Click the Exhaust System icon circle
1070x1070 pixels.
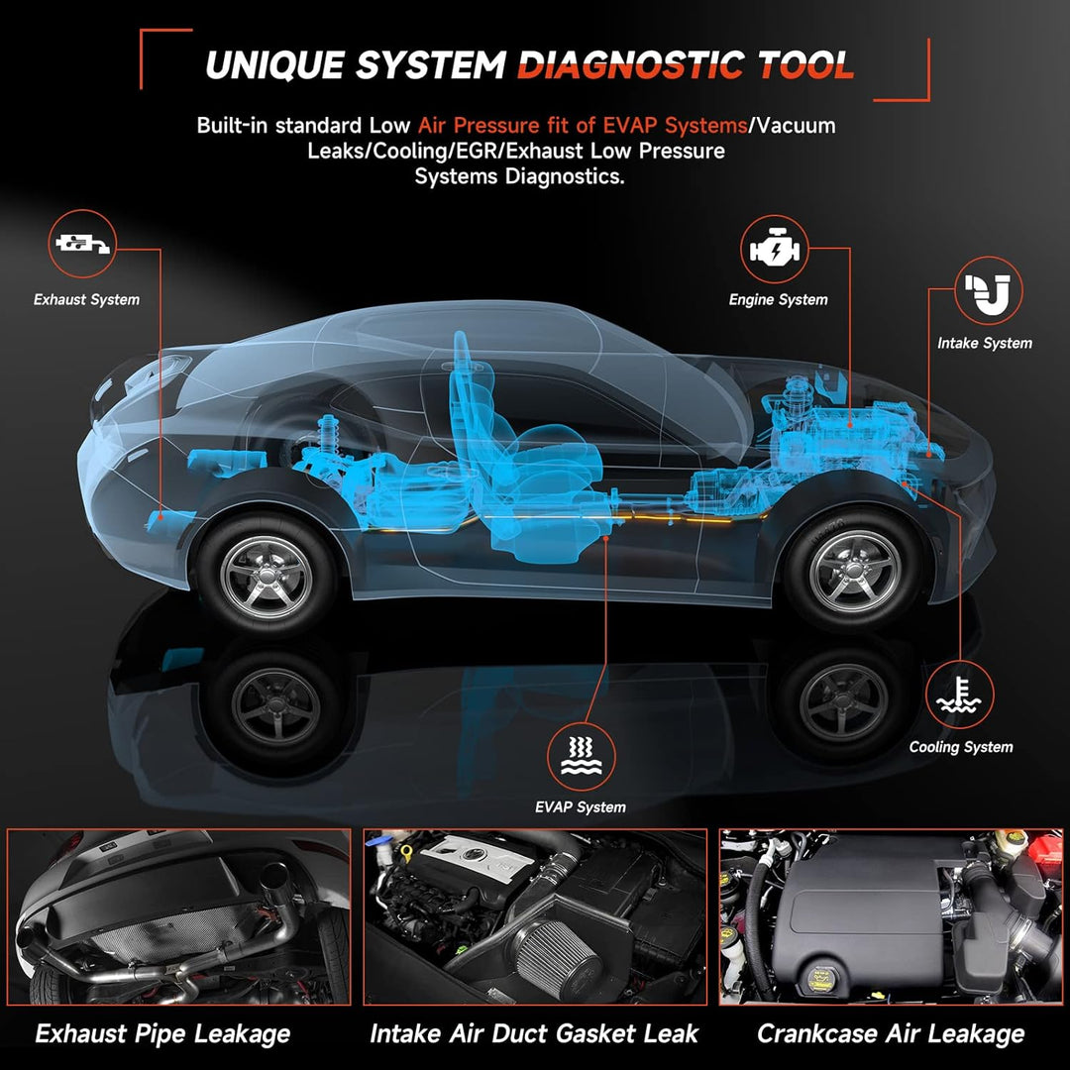(x=82, y=244)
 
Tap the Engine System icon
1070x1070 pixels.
(x=775, y=249)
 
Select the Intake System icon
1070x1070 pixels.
(x=988, y=290)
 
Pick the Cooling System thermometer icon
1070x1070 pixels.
(x=959, y=695)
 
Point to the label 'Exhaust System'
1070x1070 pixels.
(x=86, y=299)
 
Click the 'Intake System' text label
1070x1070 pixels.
(x=984, y=343)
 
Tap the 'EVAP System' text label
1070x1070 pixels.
(x=580, y=807)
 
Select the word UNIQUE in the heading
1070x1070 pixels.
(x=273, y=65)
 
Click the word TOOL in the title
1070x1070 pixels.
(x=805, y=65)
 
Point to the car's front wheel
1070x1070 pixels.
(x=855, y=569)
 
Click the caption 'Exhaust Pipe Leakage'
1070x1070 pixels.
(x=162, y=1034)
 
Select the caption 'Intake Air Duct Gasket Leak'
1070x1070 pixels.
(x=534, y=1033)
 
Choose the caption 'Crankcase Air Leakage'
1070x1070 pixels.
(x=891, y=1034)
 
